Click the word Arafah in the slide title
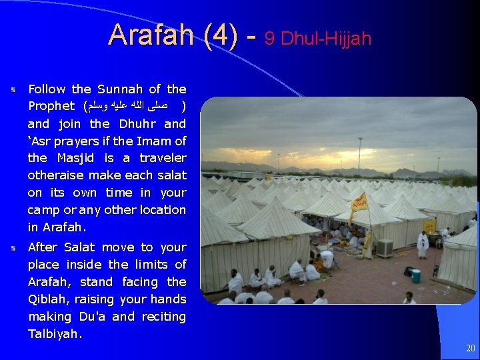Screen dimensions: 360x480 click(152, 35)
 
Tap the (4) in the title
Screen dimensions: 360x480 click(221, 35)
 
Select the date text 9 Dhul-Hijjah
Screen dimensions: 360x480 click(318, 39)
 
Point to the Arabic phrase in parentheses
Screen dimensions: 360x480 click(133, 106)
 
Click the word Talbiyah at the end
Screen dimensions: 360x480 click(53, 334)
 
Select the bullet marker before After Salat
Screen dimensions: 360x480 click(13, 247)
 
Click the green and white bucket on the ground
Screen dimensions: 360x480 click(416, 275)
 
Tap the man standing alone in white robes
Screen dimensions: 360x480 click(423, 244)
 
